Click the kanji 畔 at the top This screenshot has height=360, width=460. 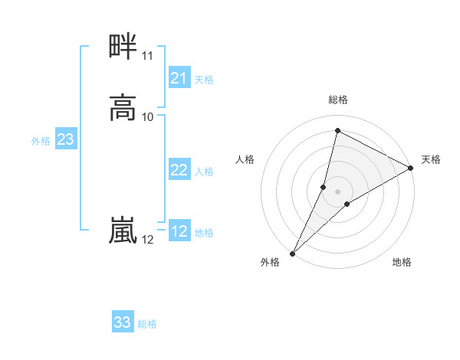pos(123,47)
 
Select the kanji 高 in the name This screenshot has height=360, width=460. pos(123,108)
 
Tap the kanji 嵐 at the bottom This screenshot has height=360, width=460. pos(123,231)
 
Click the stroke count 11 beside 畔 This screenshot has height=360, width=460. pos(147,56)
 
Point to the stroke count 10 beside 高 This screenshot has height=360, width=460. pos(148,116)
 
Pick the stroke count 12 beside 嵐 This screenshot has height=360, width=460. pos(147,240)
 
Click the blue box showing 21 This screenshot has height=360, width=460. pos(179,78)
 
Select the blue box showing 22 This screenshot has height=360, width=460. pos(179,170)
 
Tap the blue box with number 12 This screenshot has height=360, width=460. pos(179,231)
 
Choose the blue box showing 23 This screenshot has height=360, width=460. pos(66,139)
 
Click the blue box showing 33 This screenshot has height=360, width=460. pos(123,322)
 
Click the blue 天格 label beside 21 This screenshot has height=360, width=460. pos(204,79)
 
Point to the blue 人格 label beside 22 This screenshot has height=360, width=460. pos(204,171)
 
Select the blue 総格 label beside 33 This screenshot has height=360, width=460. pos(147,323)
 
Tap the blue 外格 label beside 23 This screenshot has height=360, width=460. pos(41,140)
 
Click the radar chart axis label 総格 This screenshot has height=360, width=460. pos(337,100)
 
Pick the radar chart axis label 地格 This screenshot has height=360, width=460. pos(402,262)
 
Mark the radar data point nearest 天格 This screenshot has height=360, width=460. pos(411,169)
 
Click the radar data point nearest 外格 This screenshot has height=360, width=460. pos(292,253)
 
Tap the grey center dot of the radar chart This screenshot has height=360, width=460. pos(337,191)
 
